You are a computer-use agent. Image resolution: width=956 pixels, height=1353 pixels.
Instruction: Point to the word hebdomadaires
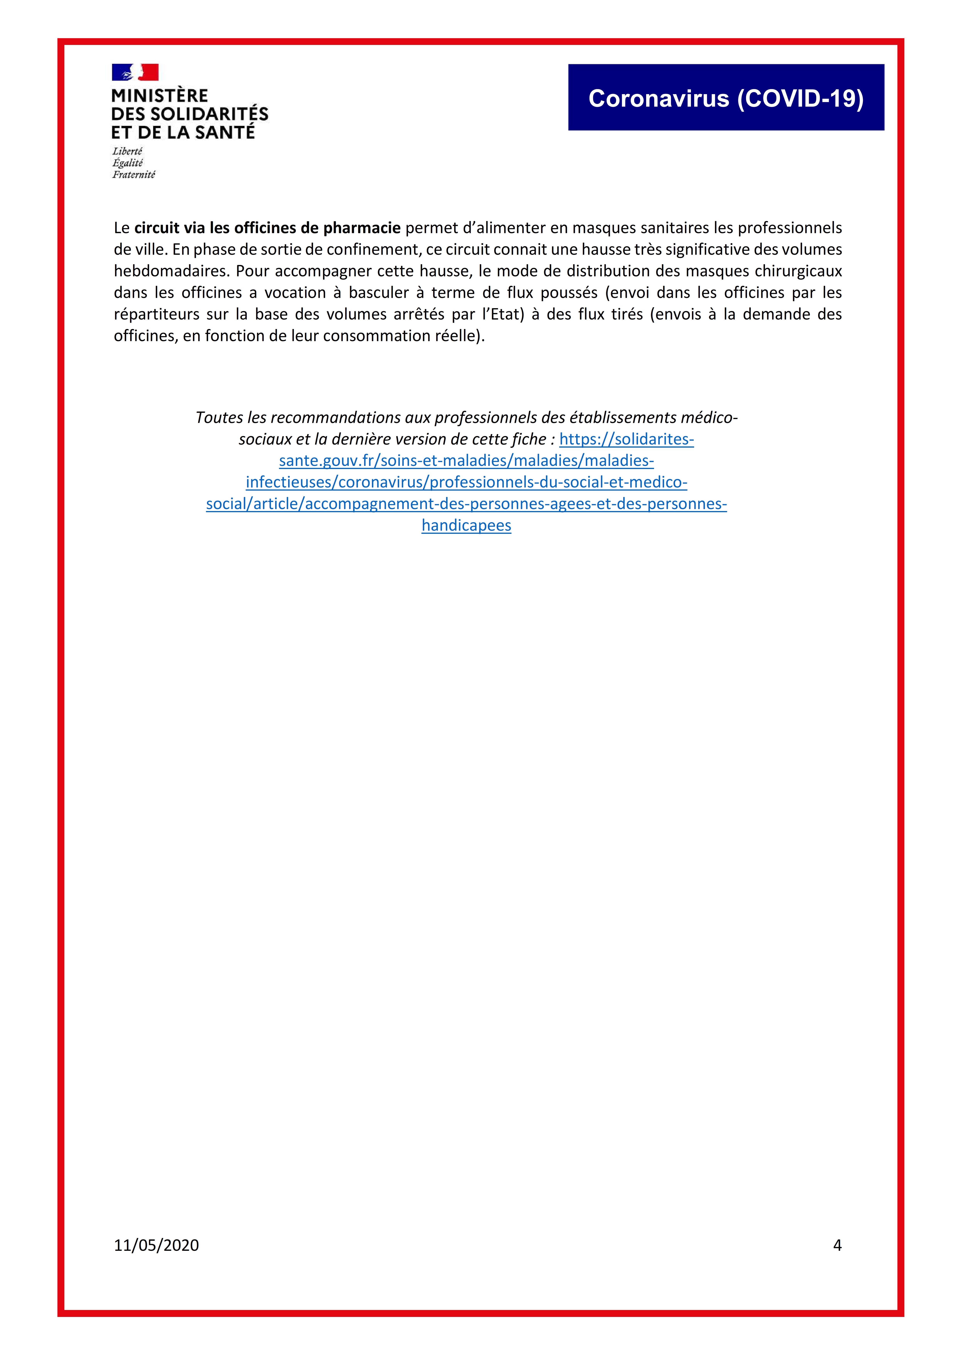171,271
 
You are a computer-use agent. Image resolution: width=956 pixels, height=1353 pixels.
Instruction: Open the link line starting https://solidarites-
626,439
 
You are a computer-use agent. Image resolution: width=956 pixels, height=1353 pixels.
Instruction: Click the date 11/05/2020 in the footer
156,1245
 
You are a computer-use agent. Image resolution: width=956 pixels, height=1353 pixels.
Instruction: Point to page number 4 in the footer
837,1245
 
